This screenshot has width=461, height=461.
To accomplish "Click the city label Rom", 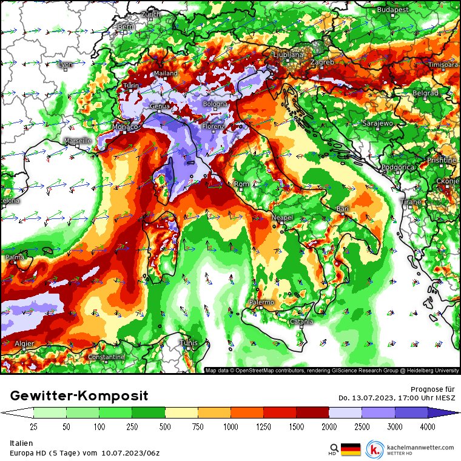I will pos(241,184).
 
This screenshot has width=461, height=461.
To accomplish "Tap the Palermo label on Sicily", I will pos(262,302).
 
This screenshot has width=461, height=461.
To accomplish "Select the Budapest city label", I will pos(392,10).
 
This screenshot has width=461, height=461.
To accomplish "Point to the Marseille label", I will pos(78,141).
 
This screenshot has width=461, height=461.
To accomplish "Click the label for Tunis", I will pos(189,343).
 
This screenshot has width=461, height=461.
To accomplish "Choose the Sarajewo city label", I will pos(377,123).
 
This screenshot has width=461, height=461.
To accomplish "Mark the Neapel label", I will pos(282,217).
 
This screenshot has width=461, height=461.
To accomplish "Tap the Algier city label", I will pos(24,343).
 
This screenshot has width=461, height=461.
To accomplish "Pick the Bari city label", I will pos(343,209).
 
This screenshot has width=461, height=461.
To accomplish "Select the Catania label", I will pos(301,321).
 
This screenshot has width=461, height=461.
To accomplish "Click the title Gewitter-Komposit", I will pos(79,396).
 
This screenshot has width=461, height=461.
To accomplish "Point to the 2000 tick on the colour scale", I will pos(329,426).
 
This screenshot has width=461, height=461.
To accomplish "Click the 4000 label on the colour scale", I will pos(428,426).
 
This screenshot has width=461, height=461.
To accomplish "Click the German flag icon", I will pos(350,449).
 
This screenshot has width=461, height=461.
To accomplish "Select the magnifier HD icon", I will pos(333,449).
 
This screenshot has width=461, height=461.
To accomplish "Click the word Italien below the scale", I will pos(22,443).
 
